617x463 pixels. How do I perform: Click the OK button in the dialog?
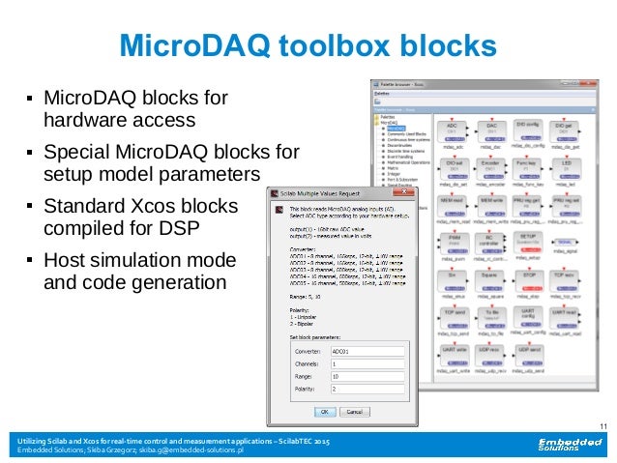(x=327, y=410)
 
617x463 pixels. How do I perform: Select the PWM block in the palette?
(x=452, y=240)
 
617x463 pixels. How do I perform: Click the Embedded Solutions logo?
(x=567, y=446)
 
